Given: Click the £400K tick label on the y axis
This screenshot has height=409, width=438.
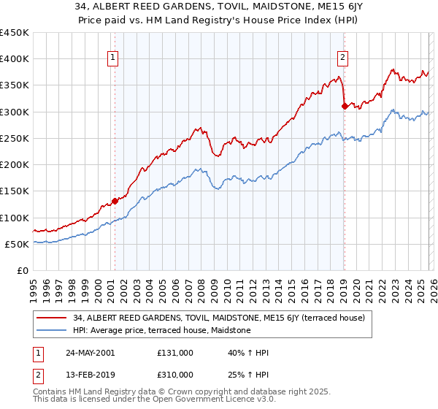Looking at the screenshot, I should click(15, 59).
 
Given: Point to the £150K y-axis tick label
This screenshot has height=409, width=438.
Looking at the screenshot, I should click(15, 191).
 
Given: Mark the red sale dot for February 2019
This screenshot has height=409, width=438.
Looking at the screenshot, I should click(345, 107).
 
